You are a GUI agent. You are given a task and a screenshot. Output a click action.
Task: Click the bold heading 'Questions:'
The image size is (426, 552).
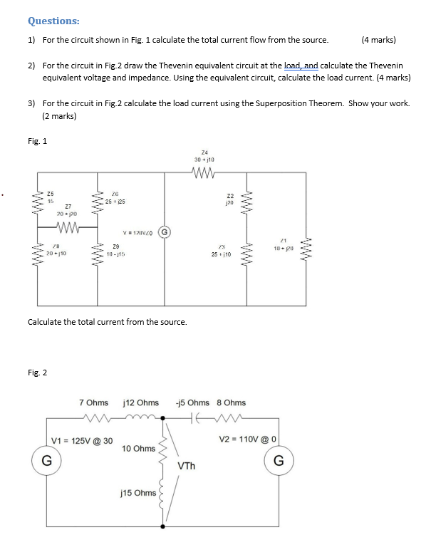coord(53,21)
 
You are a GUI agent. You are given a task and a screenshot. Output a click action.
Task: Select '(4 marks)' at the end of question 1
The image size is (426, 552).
coord(378,40)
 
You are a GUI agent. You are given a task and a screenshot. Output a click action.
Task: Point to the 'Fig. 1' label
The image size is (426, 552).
coord(37,140)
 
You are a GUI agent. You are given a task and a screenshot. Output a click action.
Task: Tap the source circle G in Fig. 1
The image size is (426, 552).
coord(164,231)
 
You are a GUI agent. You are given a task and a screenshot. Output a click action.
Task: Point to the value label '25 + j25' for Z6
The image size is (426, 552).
coord(117,202)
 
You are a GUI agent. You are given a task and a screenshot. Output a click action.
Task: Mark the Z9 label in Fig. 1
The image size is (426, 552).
coord(116,246)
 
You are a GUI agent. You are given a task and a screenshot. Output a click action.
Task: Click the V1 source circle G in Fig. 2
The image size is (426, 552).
coord(46,461)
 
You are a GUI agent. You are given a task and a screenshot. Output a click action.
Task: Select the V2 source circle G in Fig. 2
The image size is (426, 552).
coord(279,461)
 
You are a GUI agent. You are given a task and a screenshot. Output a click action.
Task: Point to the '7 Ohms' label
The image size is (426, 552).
coord(93,403)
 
